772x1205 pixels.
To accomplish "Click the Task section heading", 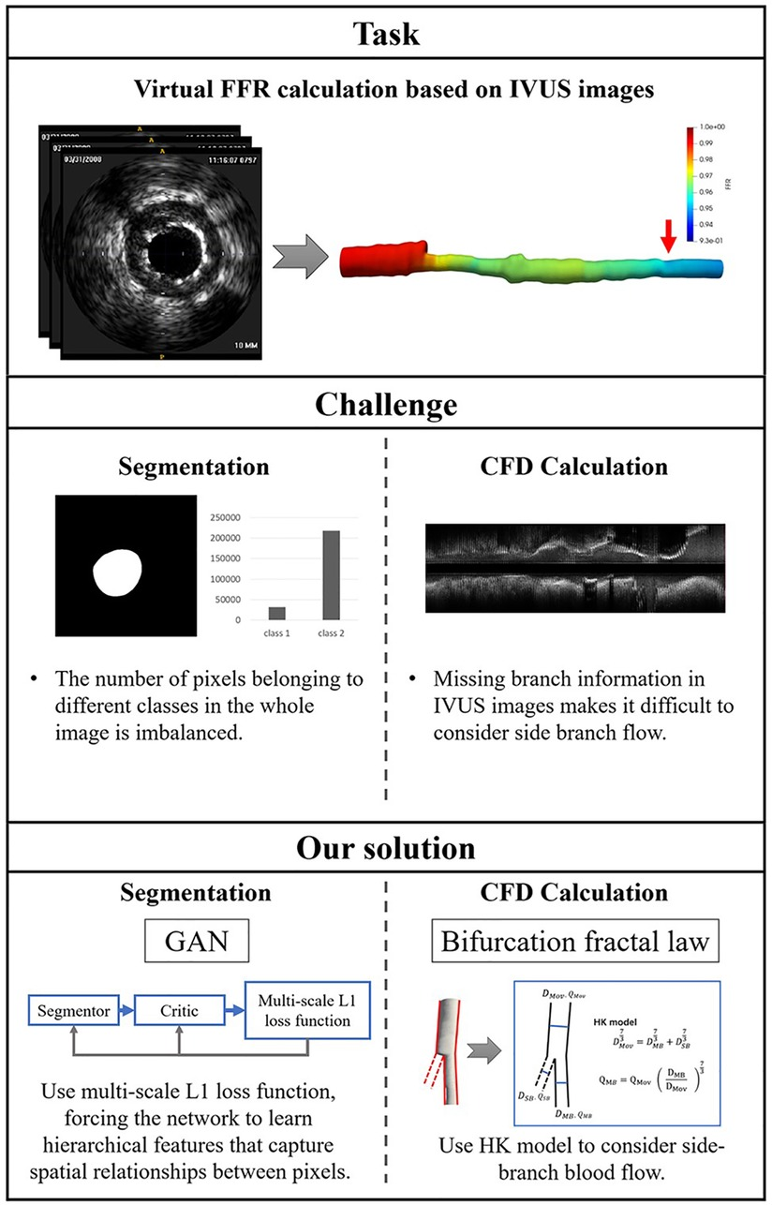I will (386, 37).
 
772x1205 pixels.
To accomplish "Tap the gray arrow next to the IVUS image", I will (299, 252).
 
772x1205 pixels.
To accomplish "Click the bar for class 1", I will (278, 613).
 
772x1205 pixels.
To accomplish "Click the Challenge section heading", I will (386, 406).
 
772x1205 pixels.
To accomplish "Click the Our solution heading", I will (386, 848).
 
